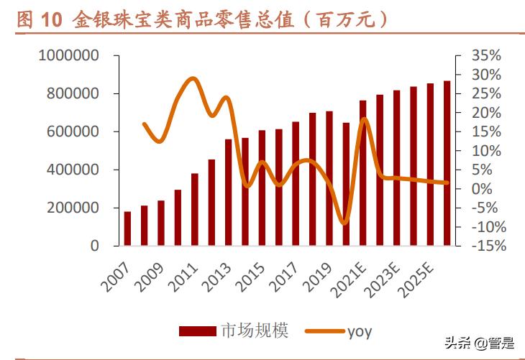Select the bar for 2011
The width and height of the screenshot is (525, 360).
pyautogui.click(x=195, y=209)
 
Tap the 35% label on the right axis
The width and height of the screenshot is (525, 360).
pyautogui.click(x=487, y=56)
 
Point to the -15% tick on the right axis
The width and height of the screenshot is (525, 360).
pyautogui.click(x=487, y=246)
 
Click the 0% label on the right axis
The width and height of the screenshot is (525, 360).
pyautogui.click(x=487, y=189)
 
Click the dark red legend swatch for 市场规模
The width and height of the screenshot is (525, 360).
pyautogui.click(x=197, y=331)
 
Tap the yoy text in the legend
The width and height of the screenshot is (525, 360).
pyautogui.click(x=360, y=331)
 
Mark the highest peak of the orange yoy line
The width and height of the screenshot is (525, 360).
pyautogui.click(x=192, y=78)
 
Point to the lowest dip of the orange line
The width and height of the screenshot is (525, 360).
pyautogui.click(x=344, y=223)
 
